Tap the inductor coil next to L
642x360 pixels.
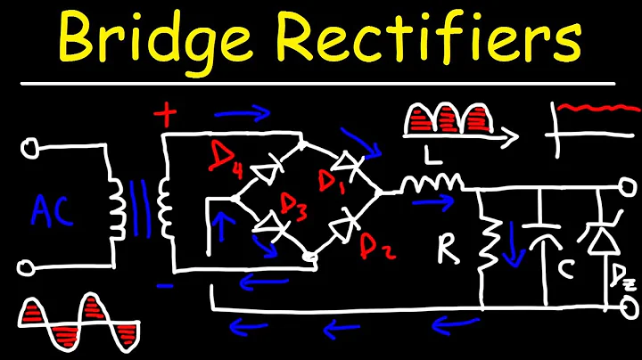coord(431,184)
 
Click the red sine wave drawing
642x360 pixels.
coord(73,323)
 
